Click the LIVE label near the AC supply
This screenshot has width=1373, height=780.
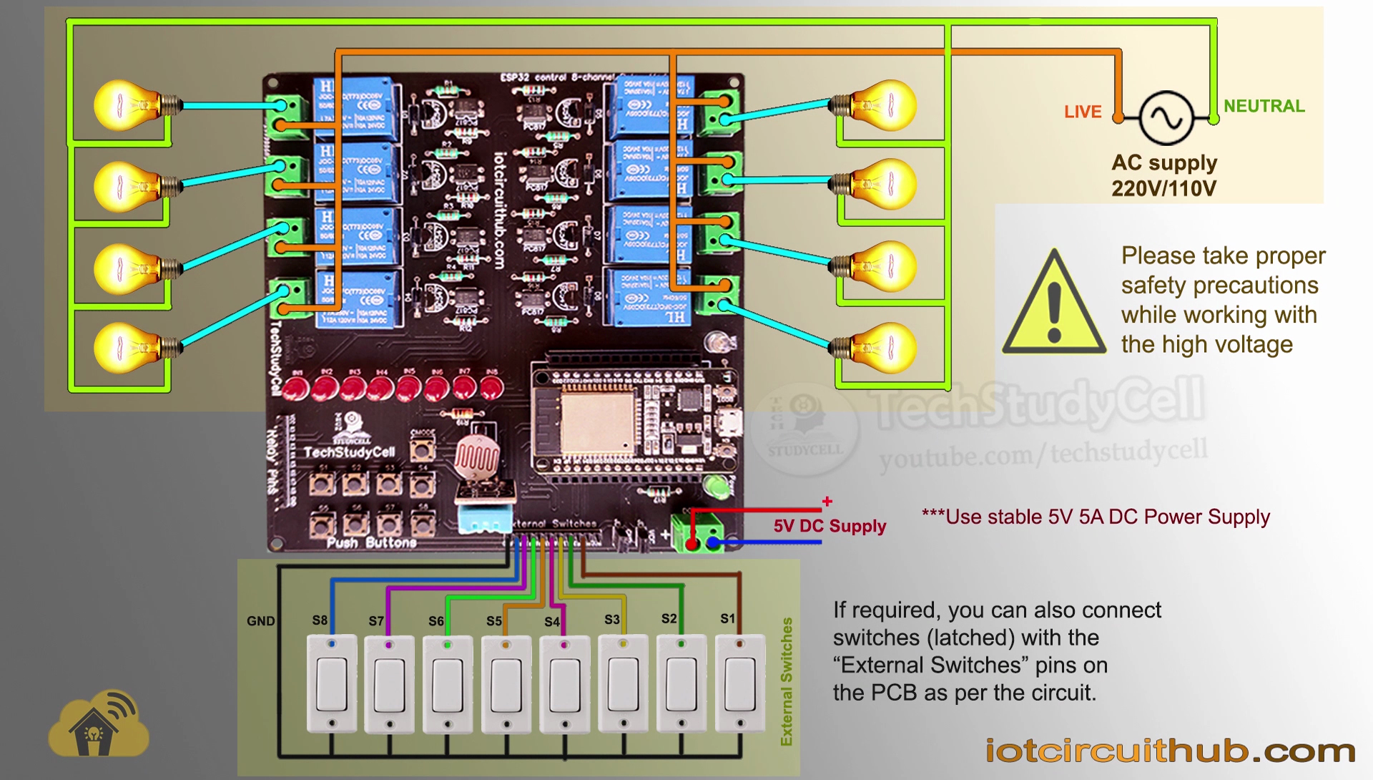click(1082, 112)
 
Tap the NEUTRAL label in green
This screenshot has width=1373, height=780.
click(1264, 106)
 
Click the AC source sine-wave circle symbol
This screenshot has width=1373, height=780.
click(1166, 118)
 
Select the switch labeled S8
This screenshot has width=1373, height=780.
click(332, 683)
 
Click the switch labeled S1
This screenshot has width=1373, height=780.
click(740, 683)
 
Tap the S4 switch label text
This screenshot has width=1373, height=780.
click(551, 622)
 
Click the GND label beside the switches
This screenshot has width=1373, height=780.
click(260, 621)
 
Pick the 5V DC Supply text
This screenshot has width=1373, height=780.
click(829, 526)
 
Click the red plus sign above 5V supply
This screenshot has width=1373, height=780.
click(827, 502)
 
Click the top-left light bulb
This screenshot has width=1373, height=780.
click(125, 106)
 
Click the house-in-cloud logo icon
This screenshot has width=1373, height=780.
click(99, 724)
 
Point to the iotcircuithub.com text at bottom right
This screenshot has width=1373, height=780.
click(1170, 751)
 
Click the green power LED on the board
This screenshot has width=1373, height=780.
click(715, 487)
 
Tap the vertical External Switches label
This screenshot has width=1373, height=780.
click(787, 681)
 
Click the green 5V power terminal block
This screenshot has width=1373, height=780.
click(697, 531)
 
